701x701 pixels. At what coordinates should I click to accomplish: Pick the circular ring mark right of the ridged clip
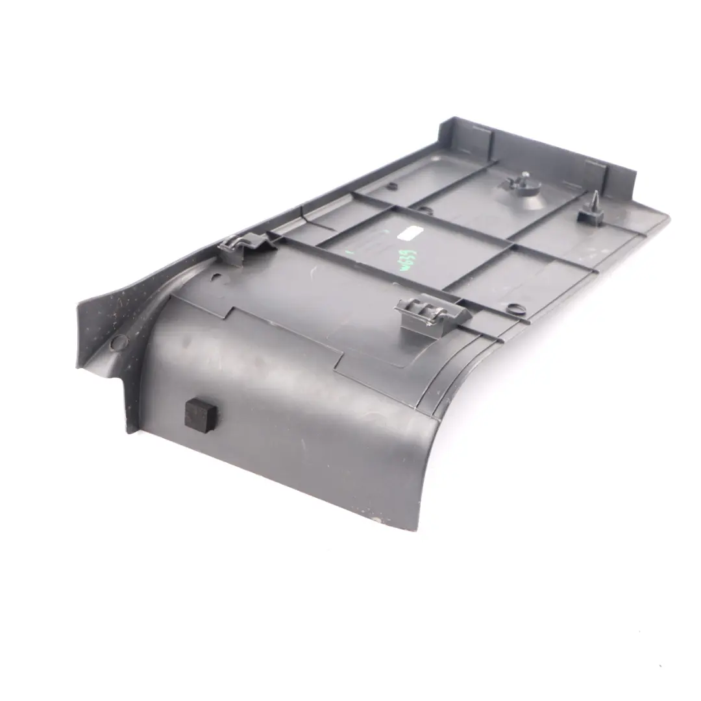tap(515, 308)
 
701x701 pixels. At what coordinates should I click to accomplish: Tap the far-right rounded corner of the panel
tap(666, 219)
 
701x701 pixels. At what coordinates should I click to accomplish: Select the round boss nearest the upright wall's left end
tap(391, 186)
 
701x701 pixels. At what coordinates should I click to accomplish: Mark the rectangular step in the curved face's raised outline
tap(338, 363)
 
